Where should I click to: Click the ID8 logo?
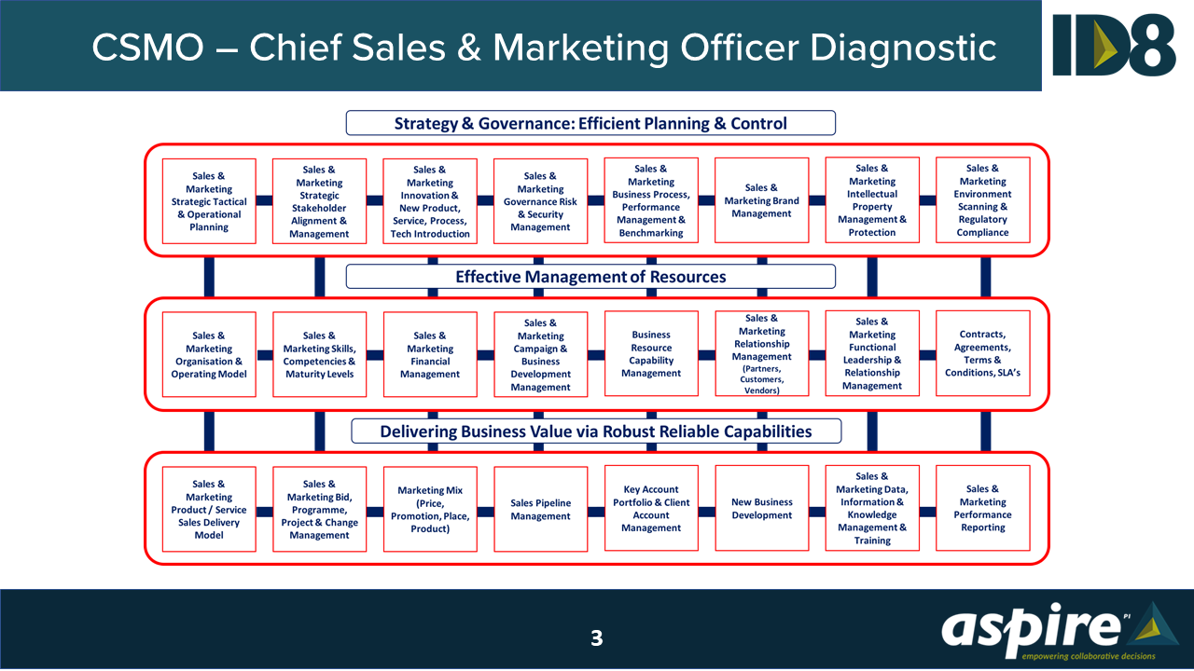pyautogui.click(x=1115, y=45)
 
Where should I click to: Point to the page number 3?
pyautogui.click(x=597, y=638)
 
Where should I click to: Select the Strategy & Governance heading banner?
pyautogui.click(x=590, y=123)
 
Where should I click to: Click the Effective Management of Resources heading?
pyautogui.click(x=590, y=277)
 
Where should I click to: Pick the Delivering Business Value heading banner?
pyautogui.click(x=596, y=431)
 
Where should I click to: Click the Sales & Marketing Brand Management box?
pyautogui.click(x=761, y=200)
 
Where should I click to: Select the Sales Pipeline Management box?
pyautogui.click(x=540, y=510)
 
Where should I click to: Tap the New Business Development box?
pyautogui.click(x=761, y=509)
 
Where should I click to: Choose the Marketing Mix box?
pyautogui.click(x=430, y=510)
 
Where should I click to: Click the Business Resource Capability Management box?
pyautogui.click(x=651, y=354)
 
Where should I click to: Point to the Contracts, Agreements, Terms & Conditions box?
pyautogui.click(x=982, y=354)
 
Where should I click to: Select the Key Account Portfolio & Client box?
pyautogui.click(x=651, y=509)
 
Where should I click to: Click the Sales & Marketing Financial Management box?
pyautogui.click(x=430, y=354)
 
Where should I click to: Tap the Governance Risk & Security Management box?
pyautogui.click(x=540, y=201)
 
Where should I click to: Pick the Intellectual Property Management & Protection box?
pyautogui.click(x=872, y=200)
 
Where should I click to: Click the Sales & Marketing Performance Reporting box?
pyautogui.click(x=982, y=509)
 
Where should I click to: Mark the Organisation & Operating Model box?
pyautogui.click(x=209, y=354)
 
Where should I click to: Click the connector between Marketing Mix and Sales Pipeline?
pyautogui.click(x=485, y=511)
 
